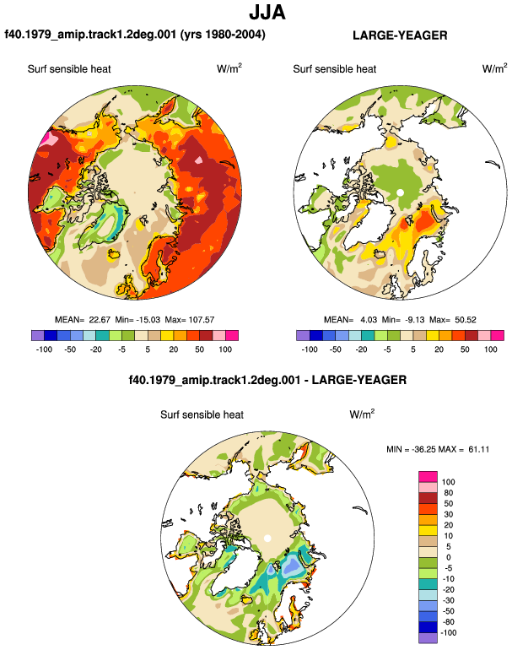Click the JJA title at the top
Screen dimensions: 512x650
[267, 13]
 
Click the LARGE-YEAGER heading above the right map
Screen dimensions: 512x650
[400, 35]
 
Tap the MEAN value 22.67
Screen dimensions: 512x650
[100, 320]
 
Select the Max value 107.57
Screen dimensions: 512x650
[202, 320]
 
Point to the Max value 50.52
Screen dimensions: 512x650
[466, 320]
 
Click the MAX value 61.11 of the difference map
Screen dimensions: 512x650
[478, 449]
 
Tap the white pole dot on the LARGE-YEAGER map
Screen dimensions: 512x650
[400, 192]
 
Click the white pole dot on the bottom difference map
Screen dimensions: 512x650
[267, 538]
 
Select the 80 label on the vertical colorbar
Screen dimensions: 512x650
[448, 493]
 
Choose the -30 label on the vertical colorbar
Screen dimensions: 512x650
[448, 601]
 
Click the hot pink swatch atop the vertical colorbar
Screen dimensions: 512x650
[428, 477]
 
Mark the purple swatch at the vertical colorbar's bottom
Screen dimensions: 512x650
[428, 638]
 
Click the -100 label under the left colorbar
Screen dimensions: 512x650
[44, 349]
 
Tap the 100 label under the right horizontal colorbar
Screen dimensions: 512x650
[490, 349]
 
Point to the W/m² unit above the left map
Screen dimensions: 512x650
[229, 68]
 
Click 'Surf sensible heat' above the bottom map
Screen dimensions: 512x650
[202, 414]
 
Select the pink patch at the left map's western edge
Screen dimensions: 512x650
[49, 139]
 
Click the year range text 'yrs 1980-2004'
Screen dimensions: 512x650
[223, 34]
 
